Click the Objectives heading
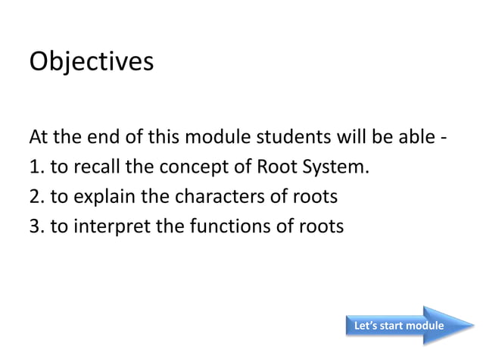91,61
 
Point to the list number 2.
35,197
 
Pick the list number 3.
35,226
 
